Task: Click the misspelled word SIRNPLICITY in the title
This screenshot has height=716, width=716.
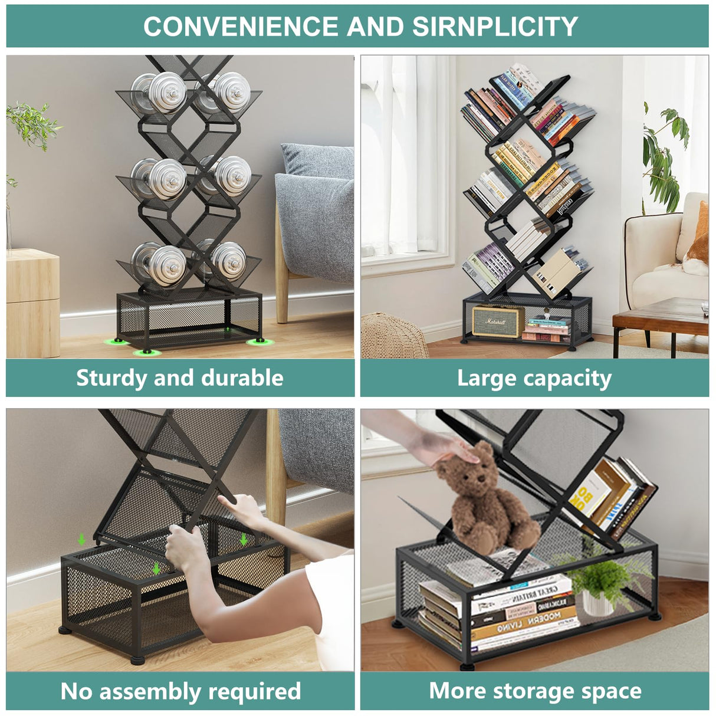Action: pyautogui.click(x=495, y=27)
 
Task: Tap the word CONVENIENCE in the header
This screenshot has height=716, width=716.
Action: pyautogui.click(x=241, y=27)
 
